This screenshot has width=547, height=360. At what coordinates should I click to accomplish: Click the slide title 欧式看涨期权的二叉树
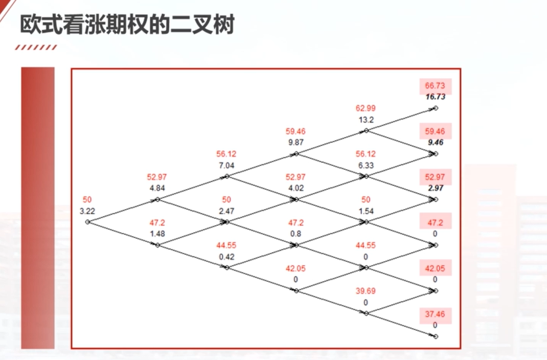[127, 24]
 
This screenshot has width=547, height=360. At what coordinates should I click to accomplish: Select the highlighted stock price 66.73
[435, 86]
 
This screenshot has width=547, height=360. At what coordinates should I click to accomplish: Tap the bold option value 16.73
[435, 97]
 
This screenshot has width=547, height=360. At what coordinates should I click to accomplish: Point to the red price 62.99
[366, 108]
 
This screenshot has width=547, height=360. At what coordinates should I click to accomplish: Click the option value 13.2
[366, 120]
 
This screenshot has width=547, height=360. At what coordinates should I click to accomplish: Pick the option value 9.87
[295, 142]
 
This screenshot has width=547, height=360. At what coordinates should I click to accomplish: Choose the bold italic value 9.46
[435, 143]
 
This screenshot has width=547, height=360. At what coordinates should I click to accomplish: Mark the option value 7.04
[226, 165]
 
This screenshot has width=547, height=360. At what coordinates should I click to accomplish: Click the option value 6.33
[366, 165]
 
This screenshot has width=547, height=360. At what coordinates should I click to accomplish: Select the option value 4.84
[157, 188]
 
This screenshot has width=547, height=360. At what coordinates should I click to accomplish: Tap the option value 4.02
[295, 188]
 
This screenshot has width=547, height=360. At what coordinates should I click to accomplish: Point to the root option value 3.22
[87, 211]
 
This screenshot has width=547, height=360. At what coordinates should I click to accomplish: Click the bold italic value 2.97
[435, 188]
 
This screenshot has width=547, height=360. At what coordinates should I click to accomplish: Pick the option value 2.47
[226, 211]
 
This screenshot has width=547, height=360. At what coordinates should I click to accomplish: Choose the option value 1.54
[366, 211]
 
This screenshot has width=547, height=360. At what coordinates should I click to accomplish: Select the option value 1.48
[157, 234]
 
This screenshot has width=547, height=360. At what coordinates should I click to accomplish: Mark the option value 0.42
[226, 257]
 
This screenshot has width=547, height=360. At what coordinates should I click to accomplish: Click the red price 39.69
[366, 291]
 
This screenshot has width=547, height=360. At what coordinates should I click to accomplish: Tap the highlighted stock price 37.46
[435, 314]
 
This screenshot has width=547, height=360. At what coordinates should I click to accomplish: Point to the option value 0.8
[295, 234]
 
